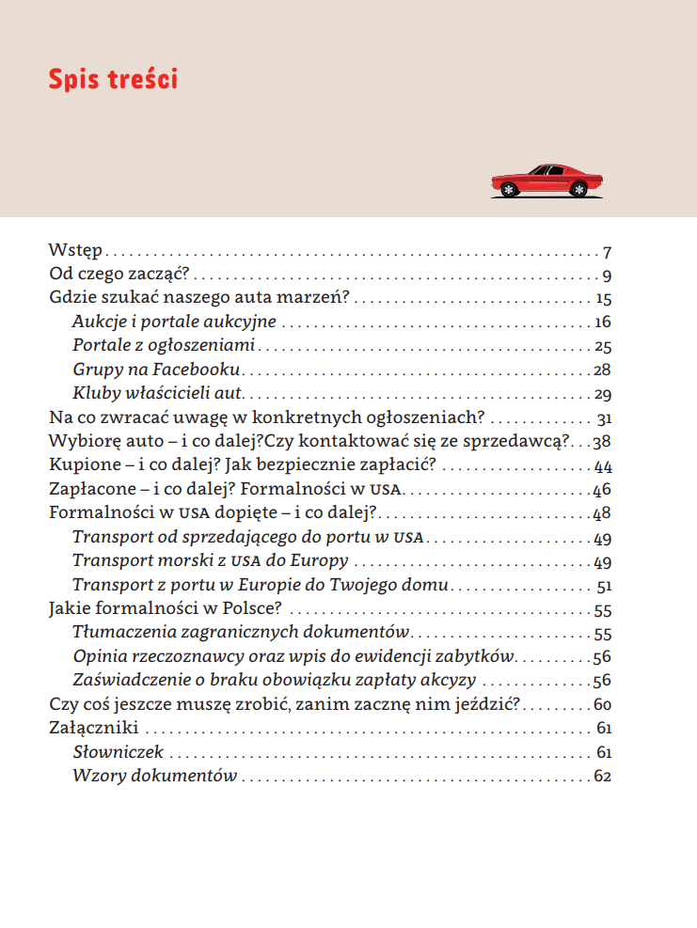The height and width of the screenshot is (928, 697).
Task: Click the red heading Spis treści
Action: pos(113,79)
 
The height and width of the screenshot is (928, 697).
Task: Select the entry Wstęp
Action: pos(75,252)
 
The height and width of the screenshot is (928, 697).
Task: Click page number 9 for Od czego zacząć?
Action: pos(608,276)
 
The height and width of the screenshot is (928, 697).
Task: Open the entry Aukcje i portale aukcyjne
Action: pos(174,322)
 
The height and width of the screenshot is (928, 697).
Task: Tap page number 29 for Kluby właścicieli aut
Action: pos(603,394)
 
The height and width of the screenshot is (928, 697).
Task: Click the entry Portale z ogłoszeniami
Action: pos(164,346)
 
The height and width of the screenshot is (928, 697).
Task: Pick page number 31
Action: pos(604,418)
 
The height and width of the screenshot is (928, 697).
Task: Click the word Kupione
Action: pos(81,466)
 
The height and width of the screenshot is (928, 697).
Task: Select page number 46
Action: pos(602,491)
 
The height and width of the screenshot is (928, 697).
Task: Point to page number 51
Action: pos(604,586)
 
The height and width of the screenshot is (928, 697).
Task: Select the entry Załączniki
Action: pos(93,729)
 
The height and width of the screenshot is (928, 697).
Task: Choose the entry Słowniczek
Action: pos(119,752)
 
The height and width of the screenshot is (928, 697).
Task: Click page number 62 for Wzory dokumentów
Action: pos(602,777)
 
